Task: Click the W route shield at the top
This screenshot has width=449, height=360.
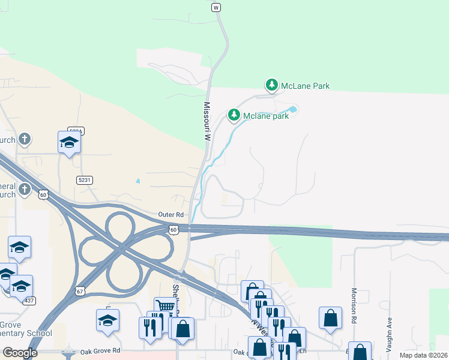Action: click(x=216, y=7)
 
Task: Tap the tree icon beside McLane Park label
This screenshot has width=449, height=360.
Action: click(x=272, y=85)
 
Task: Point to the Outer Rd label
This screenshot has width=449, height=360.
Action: click(x=170, y=214)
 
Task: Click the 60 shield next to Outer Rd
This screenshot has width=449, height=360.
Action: click(x=173, y=229)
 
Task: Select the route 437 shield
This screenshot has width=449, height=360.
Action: click(x=28, y=300)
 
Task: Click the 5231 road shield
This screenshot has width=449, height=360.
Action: click(x=84, y=179)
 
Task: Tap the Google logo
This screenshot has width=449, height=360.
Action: click(x=20, y=353)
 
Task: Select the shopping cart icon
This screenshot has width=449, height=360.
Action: click(x=164, y=307)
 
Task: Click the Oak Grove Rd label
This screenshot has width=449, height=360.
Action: click(x=100, y=350)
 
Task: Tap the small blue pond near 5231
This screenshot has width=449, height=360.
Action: click(x=138, y=181)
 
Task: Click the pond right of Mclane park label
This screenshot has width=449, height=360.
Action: click(x=292, y=109)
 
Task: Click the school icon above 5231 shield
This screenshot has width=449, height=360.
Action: click(x=69, y=142)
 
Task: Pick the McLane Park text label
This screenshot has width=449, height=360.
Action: click(x=306, y=86)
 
